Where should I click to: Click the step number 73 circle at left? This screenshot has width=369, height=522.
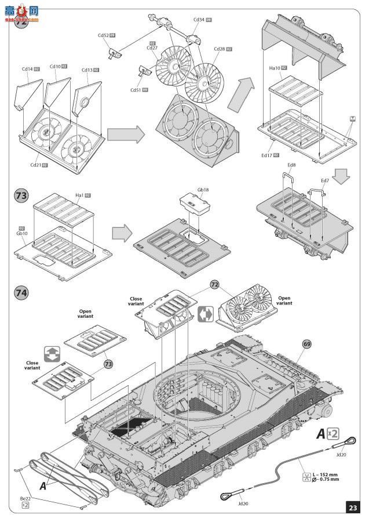point(21,197)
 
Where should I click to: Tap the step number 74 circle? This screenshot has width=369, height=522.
point(21,293)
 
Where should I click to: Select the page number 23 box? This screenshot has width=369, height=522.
point(353,507)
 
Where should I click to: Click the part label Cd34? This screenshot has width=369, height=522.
point(198,19)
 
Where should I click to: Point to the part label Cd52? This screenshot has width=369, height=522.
point(103,35)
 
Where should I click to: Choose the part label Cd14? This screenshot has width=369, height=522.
point(27,69)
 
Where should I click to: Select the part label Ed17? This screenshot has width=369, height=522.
point(266,155)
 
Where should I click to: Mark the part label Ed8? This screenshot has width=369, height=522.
point(291,165)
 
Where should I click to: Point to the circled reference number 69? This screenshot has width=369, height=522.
point(306,344)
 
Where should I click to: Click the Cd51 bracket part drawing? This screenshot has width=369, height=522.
point(144,72)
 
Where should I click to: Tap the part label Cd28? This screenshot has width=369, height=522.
point(220,48)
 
